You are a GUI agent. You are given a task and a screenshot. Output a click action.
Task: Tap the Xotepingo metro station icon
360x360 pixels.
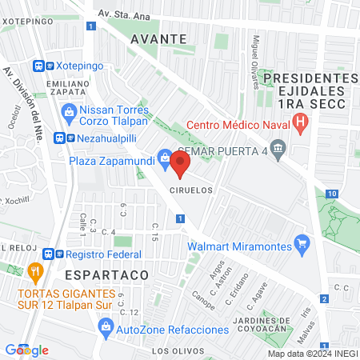coord(38,66)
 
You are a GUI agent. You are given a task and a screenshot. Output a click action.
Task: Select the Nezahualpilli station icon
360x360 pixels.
coord(60,137)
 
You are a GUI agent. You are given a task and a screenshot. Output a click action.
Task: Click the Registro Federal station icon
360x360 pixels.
coord(50,254)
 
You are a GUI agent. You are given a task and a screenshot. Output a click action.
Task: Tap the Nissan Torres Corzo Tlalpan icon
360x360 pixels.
coord(68,113)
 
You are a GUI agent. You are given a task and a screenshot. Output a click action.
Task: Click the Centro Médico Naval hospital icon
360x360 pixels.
coord(301,123)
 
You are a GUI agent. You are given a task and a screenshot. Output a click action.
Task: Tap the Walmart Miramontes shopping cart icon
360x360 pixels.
coord(302,242)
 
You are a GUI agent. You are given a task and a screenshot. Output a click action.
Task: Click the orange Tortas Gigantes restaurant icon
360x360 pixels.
coord(34,271)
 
